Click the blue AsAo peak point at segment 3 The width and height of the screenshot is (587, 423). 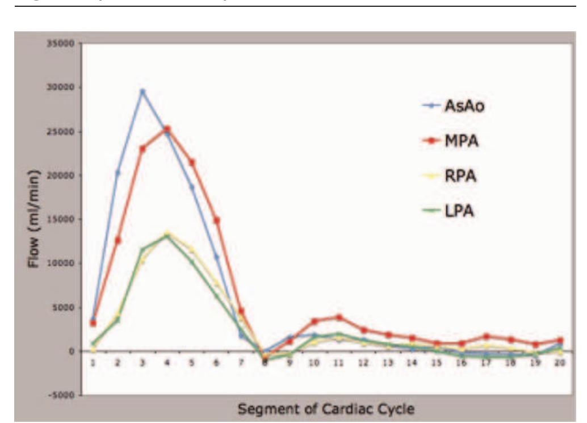(142, 91)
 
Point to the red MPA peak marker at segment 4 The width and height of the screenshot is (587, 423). (167, 129)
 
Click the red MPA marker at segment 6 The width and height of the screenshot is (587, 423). (216, 220)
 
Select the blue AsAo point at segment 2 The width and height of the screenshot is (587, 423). (118, 173)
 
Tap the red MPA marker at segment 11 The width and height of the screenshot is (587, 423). (339, 317)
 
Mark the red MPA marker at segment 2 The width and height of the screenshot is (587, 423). (118, 240)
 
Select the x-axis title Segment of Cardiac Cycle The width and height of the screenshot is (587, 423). (326, 409)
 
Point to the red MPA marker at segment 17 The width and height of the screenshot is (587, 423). (487, 337)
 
